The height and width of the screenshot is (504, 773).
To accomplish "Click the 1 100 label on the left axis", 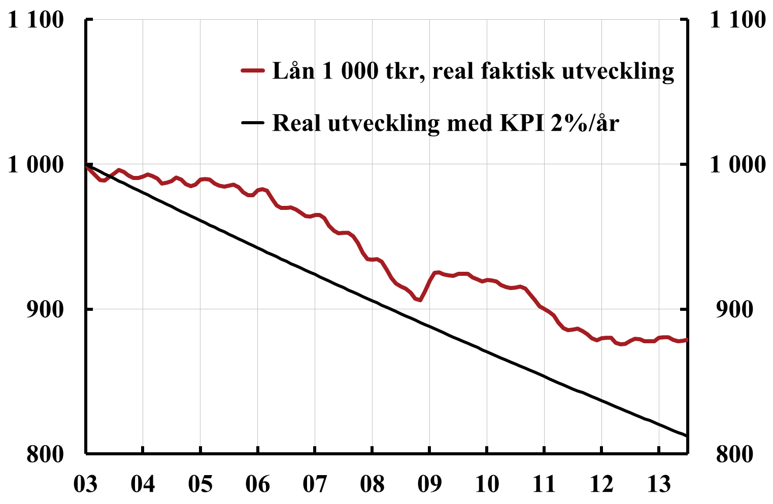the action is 36,19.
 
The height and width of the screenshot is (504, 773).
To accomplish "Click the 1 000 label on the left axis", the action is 36,164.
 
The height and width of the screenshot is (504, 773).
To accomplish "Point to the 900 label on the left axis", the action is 45,309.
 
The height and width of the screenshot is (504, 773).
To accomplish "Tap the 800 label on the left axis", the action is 45,454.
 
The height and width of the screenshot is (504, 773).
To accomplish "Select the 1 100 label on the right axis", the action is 737,19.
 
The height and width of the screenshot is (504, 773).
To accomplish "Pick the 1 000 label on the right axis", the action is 737,164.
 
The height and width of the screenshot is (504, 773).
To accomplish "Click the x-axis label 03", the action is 86,484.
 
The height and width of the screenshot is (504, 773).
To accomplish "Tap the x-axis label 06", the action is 257,484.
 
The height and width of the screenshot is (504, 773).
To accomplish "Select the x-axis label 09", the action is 429,484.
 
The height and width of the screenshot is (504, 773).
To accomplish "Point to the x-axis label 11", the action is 544,484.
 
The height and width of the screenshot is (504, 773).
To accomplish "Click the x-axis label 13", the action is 659,484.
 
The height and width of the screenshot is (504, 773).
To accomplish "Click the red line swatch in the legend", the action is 253,70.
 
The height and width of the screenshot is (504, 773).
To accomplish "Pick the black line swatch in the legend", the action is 253,122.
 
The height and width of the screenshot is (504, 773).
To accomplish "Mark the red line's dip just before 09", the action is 420,300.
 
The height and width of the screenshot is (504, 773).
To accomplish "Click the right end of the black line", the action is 687,436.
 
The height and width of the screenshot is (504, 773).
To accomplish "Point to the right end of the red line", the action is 687,340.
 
